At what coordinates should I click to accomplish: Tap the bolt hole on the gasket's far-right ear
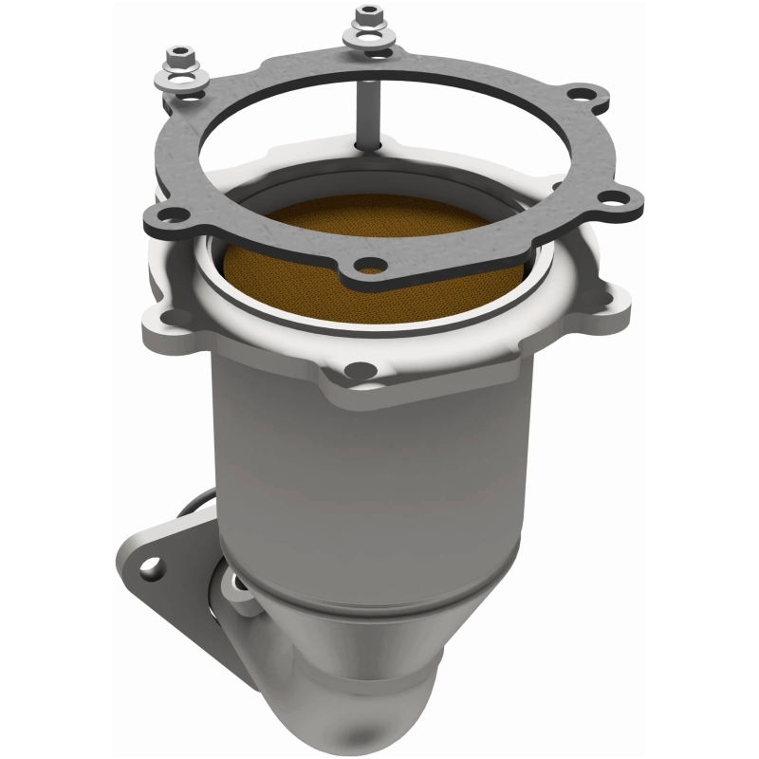coord(618,200)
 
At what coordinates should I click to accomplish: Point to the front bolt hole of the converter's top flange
coord(358,370)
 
